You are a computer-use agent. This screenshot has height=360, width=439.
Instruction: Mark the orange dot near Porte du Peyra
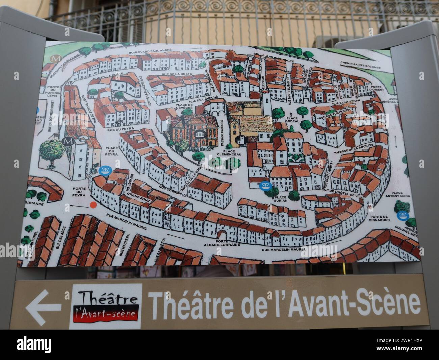click(x=94, y=205)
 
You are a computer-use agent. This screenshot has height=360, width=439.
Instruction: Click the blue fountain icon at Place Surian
click(x=264, y=186)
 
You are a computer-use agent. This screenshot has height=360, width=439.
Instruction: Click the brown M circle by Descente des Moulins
click(x=55, y=58)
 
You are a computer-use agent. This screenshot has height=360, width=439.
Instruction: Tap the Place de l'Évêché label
click(x=184, y=107)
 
